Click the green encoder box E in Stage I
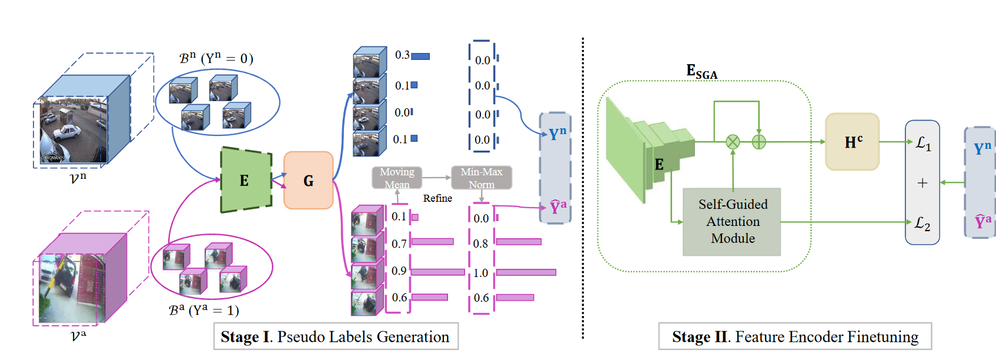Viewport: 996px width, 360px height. (x=246, y=180)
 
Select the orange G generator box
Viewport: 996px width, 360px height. (x=309, y=180)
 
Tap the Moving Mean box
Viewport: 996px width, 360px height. (x=397, y=178)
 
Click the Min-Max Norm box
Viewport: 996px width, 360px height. (x=482, y=178)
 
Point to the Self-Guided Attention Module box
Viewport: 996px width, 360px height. (x=732, y=222)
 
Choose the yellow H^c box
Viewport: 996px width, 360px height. (x=853, y=142)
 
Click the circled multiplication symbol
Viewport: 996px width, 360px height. (x=733, y=142)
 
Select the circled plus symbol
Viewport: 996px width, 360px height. (x=758, y=142)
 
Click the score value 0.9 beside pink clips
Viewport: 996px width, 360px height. (x=399, y=271)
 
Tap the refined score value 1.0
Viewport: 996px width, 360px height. (x=481, y=273)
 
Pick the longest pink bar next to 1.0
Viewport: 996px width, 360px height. (x=526, y=272)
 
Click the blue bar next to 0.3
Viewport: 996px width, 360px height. (x=420, y=56)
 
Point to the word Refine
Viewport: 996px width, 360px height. (x=437, y=198)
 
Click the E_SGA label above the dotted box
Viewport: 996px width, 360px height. (x=701, y=72)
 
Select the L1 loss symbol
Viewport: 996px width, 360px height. (x=923, y=144)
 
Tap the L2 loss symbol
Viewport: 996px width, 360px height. (x=922, y=224)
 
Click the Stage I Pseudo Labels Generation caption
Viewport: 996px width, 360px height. (x=335, y=337)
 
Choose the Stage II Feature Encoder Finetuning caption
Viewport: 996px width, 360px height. (x=795, y=337)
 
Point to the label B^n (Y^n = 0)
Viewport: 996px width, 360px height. (x=216, y=58)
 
